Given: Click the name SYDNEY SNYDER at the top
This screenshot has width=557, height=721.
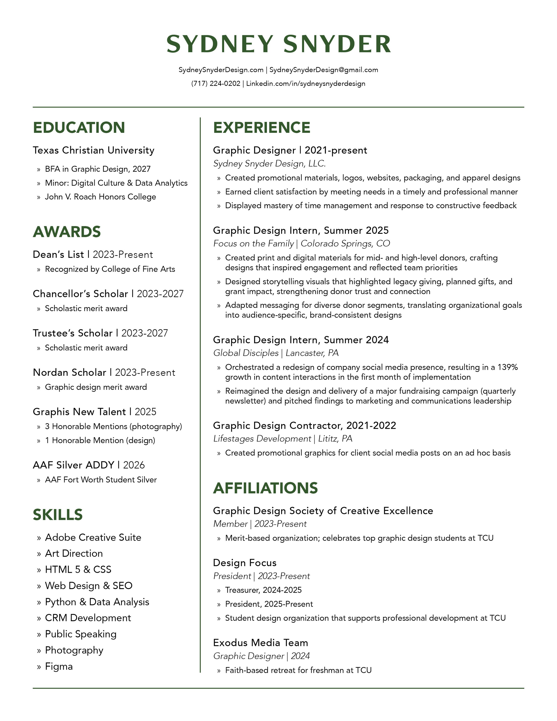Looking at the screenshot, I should pyautogui.click(x=278, y=44).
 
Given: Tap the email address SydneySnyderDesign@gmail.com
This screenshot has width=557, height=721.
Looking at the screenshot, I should pyautogui.click(x=324, y=70).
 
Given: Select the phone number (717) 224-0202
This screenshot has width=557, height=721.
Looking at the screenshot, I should pyautogui.click(x=216, y=84).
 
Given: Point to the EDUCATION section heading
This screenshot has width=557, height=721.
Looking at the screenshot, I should pyautogui.click(x=79, y=128).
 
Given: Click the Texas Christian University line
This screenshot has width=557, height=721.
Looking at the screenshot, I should pyautogui.click(x=93, y=150).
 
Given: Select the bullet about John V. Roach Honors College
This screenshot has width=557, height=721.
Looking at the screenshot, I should pyautogui.click(x=100, y=197).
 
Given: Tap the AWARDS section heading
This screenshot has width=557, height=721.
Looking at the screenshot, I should pyautogui.click(x=67, y=232).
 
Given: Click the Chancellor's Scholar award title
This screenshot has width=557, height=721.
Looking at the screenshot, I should pyautogui.click(x=80, y=294).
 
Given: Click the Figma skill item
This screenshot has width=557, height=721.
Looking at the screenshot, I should pyautogui.click(x=59, y=666).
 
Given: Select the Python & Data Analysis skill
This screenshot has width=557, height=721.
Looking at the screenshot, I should pyautogui.click(x=97, y=602).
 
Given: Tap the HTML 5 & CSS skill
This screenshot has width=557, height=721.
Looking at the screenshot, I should pyautogui.click(x=78, y=569).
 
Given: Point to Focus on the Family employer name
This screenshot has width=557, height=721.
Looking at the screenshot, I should pyautogui.click(x=253, y=244).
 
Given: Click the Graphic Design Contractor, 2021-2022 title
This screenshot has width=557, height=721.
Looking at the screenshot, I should pyautogui.click(x=304, y=425).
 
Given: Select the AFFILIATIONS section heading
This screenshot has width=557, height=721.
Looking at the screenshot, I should pyautogui.click(x=265, y=488).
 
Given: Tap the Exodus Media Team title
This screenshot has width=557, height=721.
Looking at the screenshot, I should pyautogui.click(x=260, y=642).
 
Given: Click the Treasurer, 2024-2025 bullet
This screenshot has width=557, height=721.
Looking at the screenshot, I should pyautogui.click(x=263, y=590).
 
